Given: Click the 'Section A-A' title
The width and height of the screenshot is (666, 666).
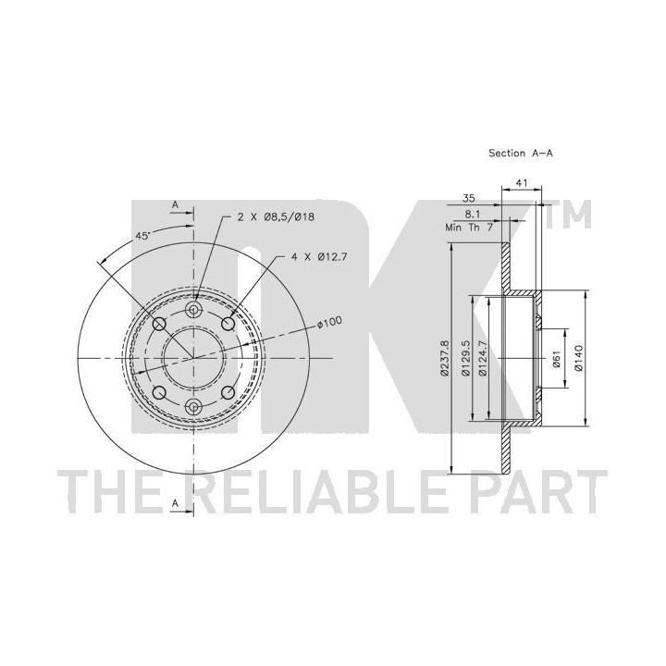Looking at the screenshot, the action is pyautogui.click(x=521, y=153).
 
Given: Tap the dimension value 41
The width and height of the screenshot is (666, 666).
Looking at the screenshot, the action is pyautogui.click(x=522, y=182).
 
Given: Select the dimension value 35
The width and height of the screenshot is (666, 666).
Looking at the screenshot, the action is pyautogui.click(x=468, y=198).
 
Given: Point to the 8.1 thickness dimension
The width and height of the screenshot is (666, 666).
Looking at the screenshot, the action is pyautogui.click(x=473, y=215).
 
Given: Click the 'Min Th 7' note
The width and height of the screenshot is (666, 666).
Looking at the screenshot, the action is pyautogui.click(x=469, y=228).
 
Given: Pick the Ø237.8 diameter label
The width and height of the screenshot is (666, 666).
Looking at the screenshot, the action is pyautogui.click(x=445, y=358).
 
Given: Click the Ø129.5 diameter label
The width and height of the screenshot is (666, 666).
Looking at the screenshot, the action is pyautogui.click(x=465, y=358).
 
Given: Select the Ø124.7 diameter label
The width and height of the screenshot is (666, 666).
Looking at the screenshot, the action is pyautogui.click(x=482, y=358).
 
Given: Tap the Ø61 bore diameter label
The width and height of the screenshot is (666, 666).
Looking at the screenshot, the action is pyautogui.click(x=557, y=359).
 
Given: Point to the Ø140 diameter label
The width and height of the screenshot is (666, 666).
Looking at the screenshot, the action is pyautogui.click(x=578, y=358).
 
